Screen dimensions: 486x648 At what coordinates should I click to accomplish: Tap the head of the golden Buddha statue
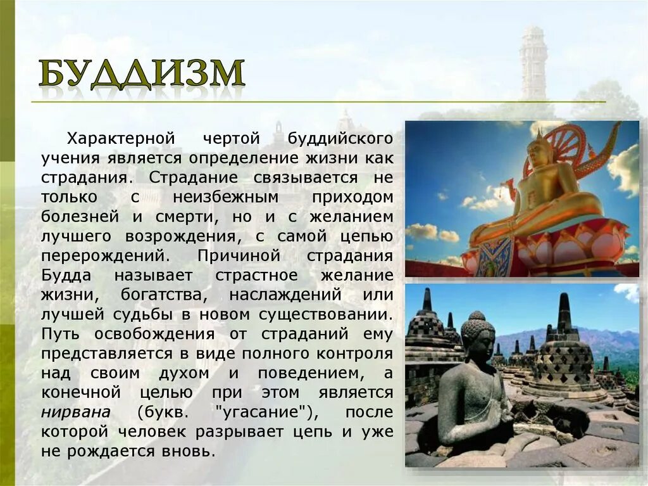[x=539, y=153]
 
